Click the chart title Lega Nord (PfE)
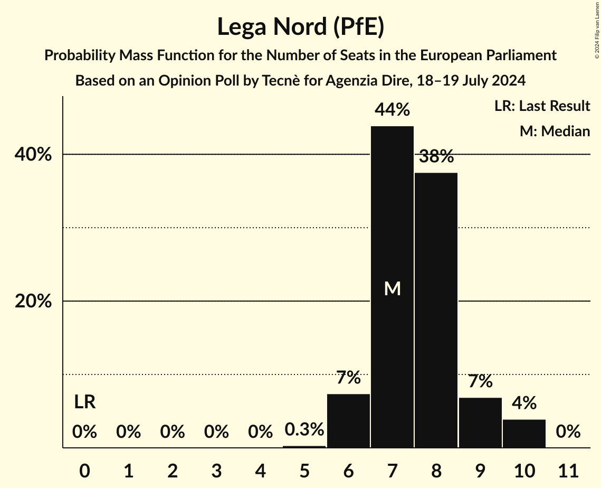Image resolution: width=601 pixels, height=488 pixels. tap(300, 27)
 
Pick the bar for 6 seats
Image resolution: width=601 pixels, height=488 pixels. tap(348, 421)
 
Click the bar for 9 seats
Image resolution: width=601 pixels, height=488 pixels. tap(480, 423)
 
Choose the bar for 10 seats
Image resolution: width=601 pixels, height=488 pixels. tap(523, 434)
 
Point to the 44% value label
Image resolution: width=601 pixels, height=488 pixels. tap(392, 110)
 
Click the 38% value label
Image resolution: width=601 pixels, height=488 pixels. tap(436, 156)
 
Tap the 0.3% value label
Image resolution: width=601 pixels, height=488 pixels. tap(304, 430)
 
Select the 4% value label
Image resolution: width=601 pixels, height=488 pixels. tap(523, 403)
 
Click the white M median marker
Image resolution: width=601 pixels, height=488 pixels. tap(392, 288)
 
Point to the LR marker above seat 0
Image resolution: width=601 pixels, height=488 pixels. tap(84, 402)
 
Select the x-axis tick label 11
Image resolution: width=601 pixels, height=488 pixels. tap(568, 469)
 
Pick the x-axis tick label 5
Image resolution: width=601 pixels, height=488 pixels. tap(304, 469)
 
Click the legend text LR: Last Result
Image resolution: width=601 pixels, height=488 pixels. tap(542, 106)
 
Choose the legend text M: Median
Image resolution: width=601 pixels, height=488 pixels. tap(555, 131)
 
